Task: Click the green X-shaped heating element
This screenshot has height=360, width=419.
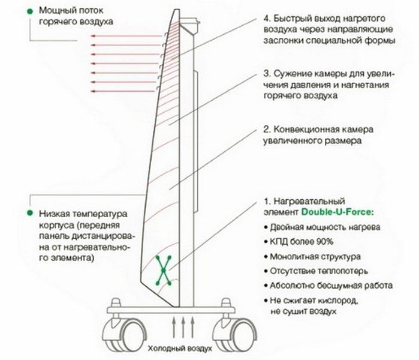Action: [164, 270]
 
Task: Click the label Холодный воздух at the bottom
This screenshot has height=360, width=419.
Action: [180, 349]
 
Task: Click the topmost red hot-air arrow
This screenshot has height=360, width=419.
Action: [126, 35]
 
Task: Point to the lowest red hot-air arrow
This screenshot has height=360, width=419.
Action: [123, 91]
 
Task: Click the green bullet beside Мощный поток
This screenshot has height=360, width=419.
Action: [30, 11]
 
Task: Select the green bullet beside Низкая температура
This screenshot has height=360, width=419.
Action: [30, 213]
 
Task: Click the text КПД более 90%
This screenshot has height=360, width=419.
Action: [302, 242]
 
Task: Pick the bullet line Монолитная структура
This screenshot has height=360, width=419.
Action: [315, 257]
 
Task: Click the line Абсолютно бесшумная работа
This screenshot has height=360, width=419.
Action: [331, 286]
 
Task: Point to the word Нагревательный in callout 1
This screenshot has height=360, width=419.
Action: [309, 201]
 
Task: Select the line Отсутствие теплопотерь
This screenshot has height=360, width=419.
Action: [319, 271]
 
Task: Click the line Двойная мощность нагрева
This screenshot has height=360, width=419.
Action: [325, 227]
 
